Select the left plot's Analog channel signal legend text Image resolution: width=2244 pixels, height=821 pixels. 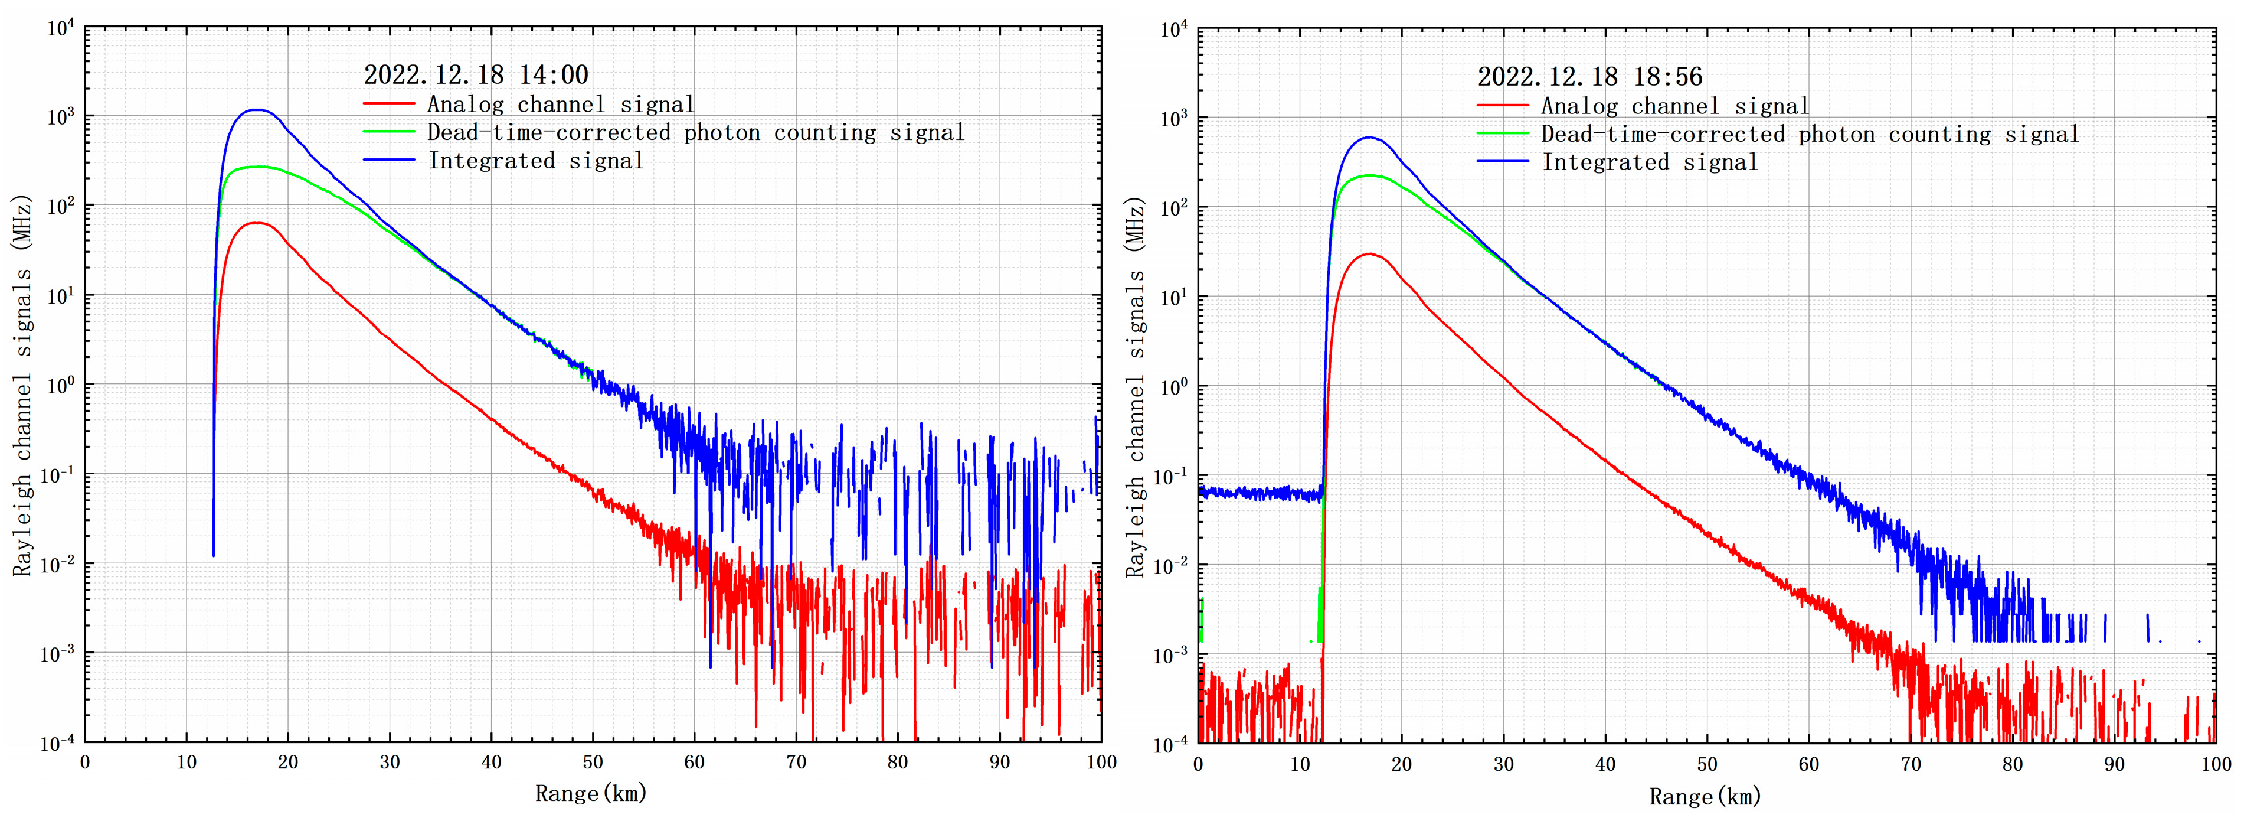click(x=560, y=105)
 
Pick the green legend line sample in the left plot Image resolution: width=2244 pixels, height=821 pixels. click(x=388, y=132)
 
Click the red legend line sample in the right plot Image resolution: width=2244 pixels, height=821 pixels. click(x=1503, y=106)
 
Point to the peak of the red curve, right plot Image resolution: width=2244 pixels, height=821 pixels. click(x=1369, y=253)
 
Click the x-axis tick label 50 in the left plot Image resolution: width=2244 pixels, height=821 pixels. click(x=593, y=762)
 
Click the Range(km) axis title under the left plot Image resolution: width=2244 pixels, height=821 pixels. click(x=591, y=793)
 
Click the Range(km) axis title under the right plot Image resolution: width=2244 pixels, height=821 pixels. click(x=1705, y=796)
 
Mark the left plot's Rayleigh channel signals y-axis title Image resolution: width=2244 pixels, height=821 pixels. click(x=22, y=383)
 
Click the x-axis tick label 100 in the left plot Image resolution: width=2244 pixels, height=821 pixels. click(x=1101, y=762)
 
